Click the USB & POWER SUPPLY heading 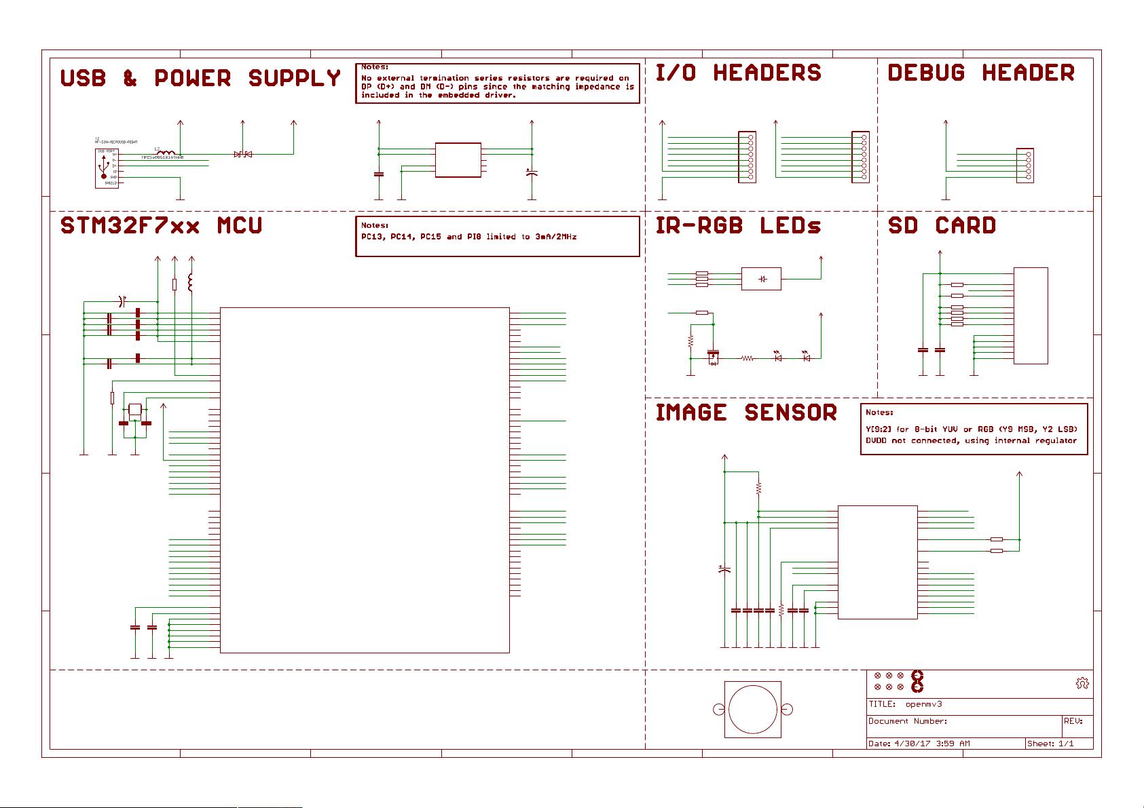click(x=200, y=79)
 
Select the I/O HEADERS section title click(x=738, y=73)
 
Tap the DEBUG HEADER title click(x=981, y=73)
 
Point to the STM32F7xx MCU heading click(x=161, y=226)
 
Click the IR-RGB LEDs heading click(x=738, y=226)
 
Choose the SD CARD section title click(x=942, y=226)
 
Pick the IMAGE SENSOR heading click(x=746, y=412)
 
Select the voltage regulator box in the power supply click(x=458, y=160)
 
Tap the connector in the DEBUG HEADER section click(x=1025, y=165)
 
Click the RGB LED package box click(x=761, y=279)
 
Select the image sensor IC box click(x=877, y=562)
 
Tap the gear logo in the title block click(x=1082, y=683)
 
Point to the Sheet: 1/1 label click(x=1050, y=744)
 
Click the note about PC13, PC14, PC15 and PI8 click(x=469, y=237)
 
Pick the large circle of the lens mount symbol click(x=753, y=710)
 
